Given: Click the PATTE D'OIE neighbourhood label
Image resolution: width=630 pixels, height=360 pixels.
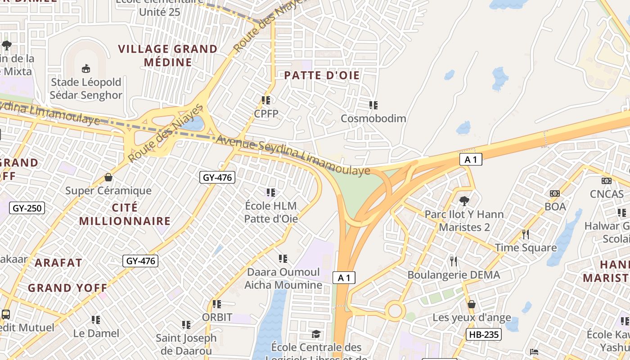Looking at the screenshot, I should [x=322, y=76].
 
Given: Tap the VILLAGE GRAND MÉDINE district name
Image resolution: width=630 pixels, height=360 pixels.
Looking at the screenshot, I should [x=168, y=55].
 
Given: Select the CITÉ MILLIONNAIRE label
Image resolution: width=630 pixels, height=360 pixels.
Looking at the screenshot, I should [x=125, y=215].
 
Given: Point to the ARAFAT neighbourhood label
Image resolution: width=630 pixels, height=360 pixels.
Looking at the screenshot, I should [x=58, y=263].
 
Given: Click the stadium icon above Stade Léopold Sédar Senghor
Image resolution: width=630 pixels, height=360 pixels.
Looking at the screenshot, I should [x=85, y=69].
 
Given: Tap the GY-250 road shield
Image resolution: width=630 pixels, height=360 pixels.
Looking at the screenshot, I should [x=27, y=208].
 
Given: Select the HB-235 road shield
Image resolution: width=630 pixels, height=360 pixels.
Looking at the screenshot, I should [x=483, y=334].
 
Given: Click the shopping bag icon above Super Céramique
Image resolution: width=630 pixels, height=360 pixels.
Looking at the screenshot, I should [x=108, y=178].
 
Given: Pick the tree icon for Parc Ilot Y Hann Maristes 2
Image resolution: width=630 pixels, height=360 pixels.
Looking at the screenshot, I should [x=464, y=201].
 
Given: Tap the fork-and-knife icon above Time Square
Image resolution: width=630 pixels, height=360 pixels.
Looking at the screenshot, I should [x=525, y=234].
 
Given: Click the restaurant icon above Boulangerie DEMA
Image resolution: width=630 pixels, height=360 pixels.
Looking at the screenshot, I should [x=454, y=261].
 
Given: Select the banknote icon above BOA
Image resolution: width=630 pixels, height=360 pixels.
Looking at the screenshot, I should [x=555, y=193].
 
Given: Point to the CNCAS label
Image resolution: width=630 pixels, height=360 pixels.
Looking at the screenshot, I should [x=607, y=194].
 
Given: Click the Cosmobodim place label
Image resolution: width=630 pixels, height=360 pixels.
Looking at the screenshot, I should [x=373, y=118].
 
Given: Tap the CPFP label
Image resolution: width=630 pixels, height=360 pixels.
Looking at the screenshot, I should [x=266, y=113].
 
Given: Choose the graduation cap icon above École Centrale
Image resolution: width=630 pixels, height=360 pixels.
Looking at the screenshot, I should [x=316, y=334].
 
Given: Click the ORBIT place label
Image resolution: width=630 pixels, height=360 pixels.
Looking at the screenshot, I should [x=217, y=317].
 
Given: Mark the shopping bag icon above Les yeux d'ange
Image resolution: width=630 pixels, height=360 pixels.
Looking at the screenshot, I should [x=471, y=305].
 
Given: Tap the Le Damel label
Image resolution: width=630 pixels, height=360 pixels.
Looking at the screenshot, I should [x=96, y=333].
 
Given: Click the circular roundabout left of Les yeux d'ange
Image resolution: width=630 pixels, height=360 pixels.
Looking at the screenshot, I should [x=395, y=311].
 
